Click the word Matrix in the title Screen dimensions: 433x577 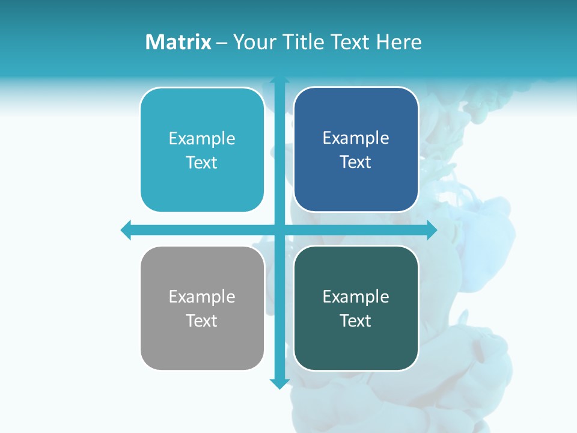[179, 42]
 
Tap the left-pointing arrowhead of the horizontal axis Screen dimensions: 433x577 [126, 230]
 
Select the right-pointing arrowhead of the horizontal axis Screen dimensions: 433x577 [431, 230]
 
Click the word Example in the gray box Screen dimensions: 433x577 [202, 296]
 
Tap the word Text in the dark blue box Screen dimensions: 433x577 [356, 162]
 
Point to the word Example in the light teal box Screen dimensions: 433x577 [202, 138]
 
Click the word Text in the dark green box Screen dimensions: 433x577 [356, 321]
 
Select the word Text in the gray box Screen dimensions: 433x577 [202, 321]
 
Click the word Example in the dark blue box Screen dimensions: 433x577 [356, 138]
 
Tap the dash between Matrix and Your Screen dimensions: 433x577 [222, 43]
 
